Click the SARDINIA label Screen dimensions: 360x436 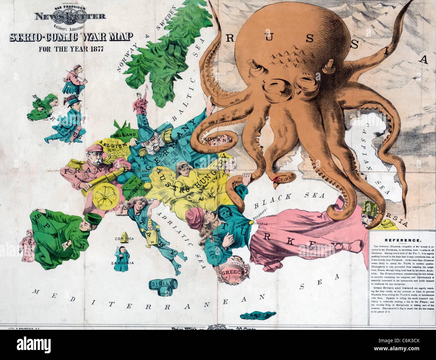(x=122, y=263)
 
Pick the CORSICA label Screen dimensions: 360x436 (x=124, y=239)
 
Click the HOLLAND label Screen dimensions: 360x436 (x=124, y=135)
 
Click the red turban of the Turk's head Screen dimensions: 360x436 (x=194, y=216)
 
